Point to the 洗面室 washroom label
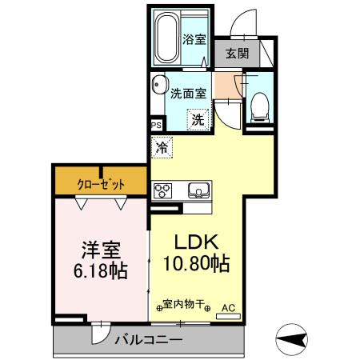[x=189, y=92]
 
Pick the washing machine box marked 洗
[x=196, y=120]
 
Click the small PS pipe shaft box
[x=156, y=125]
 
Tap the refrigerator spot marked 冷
[x=162, y=147]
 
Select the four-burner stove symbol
[x=163, y=190]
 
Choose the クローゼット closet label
[x=101, y=184]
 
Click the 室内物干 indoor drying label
[x=184, y=305]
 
